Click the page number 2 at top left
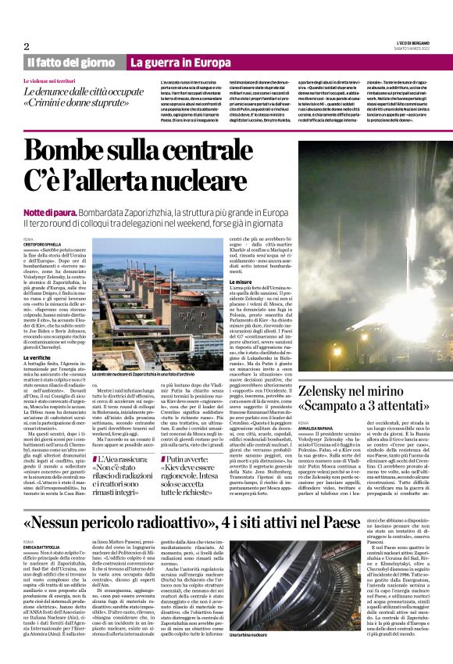click(x=26, y=47)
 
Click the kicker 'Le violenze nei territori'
click(x=55, y=81)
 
